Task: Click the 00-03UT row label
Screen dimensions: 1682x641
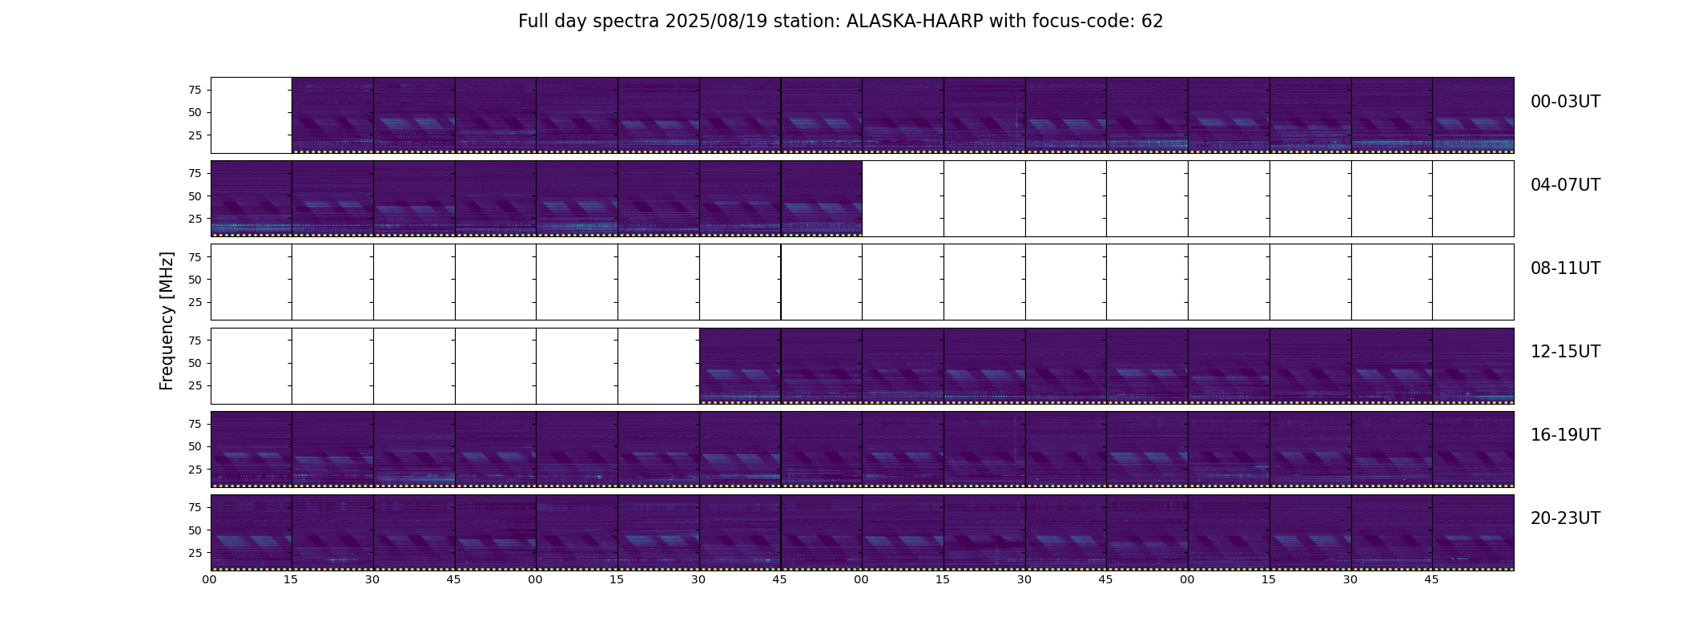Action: tap(1565, 102)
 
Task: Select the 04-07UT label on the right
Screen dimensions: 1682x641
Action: tap(1565, 185)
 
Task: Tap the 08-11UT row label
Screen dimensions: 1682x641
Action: tap(1565, 268)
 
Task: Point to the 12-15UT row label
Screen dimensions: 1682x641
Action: tap(1565, 352)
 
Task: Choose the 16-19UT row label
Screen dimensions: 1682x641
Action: tap(1565, 435)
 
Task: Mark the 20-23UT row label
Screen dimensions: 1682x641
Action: tap(1565, 518)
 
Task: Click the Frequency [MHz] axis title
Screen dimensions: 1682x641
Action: tap(167, 321)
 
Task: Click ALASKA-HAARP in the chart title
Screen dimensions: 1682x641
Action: tap(915, 22)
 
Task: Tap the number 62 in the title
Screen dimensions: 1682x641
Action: tap(1152, 22)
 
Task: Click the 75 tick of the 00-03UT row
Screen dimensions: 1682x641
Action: tap(195, 90)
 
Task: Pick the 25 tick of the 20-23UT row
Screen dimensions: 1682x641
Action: tap(195, 553)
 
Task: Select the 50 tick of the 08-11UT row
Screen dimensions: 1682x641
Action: tap(195, 280)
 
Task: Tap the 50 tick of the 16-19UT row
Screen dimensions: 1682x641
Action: tap(195, 446)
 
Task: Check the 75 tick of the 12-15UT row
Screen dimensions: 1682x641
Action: tap(195, 341)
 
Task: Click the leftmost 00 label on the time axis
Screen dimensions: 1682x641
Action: tap(210, 580)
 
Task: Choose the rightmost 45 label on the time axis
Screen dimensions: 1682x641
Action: tap(1431, 580)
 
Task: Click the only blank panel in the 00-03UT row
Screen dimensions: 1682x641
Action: tap(251, 115)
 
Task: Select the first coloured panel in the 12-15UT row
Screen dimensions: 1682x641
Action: tap(740, 365)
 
